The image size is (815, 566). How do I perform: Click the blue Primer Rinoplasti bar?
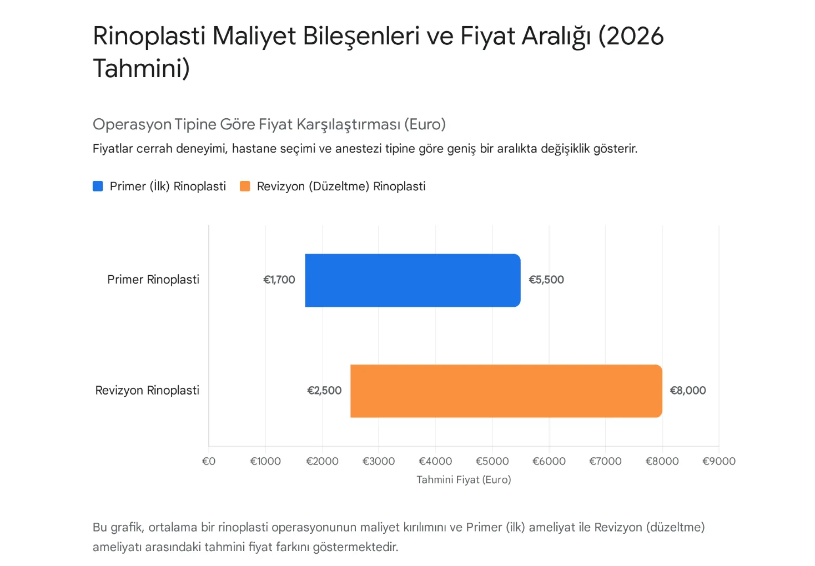point(412,280)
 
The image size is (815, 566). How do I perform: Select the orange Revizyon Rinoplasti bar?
point(506,391)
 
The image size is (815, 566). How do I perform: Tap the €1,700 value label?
point(279,280)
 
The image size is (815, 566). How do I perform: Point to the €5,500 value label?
point(546,280)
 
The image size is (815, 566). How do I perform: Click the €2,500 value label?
point(324,391)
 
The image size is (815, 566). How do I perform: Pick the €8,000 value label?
point(688,391)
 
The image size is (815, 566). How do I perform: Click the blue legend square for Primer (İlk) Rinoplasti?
point(98,186)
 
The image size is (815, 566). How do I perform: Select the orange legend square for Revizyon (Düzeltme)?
point(245,186)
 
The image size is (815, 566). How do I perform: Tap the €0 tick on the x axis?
point(209,461)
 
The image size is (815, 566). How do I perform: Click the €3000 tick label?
point(379,461)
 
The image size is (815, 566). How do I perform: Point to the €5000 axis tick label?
point(492,461)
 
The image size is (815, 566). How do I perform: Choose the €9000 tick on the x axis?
point(718,461)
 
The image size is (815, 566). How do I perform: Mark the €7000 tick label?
point(605,461)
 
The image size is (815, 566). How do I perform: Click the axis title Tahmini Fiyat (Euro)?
point(464,479)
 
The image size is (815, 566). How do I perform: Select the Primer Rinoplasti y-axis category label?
point(153,280)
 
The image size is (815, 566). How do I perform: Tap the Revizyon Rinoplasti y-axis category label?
point(147,391)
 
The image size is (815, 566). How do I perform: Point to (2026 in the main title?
point(631,36)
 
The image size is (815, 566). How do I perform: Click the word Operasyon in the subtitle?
point(132,124)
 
